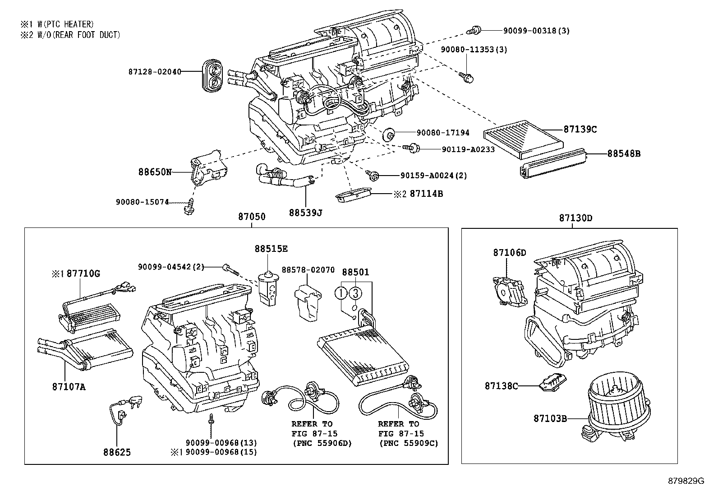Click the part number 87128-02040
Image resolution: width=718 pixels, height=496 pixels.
[154, 72]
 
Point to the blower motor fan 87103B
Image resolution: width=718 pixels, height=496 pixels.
[617, 406]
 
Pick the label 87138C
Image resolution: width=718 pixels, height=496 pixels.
[502, 386]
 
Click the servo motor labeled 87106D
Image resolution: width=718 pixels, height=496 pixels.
[507, 292]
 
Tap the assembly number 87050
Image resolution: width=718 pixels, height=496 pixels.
[252, 217]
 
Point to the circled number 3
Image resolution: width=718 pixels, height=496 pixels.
[356, 293]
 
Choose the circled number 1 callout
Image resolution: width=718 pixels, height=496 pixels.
[341, 293]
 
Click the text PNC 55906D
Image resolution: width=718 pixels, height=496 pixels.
[322, 443]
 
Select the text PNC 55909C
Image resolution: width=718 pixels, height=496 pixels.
[408, 443]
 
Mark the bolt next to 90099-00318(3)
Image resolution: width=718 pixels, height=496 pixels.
[474, 31]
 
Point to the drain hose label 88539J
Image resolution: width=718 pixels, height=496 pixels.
[305, 212]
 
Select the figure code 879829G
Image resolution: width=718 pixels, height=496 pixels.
[686, 481]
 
